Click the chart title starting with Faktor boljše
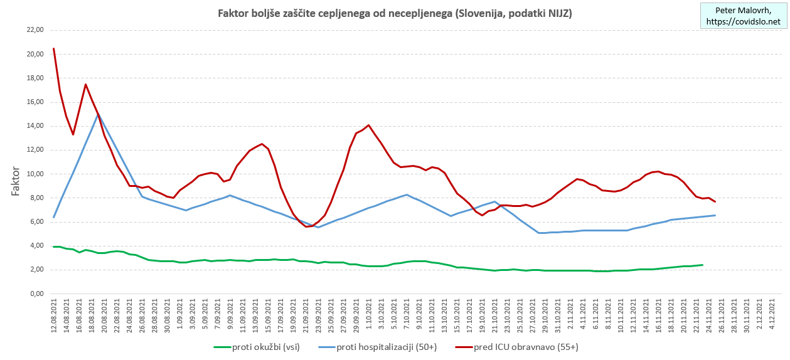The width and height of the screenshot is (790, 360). click(x=394, y=13)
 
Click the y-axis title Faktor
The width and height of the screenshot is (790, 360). click(x=17, y=182)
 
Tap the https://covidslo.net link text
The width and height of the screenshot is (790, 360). click(x=743, y=21)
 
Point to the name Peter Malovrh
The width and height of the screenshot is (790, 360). click(x=743, y=11)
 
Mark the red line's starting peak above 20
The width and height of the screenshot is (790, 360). click(x=54, y=49)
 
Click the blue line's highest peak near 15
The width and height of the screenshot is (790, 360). click(x=99, y=114)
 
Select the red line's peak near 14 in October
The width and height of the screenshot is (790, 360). click(x=368, y=125)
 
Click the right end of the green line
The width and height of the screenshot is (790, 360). click(x=702, y=265)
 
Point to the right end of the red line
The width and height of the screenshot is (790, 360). click(x=715, y=201)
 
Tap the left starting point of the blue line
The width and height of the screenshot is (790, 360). click(x=54, y=217)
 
